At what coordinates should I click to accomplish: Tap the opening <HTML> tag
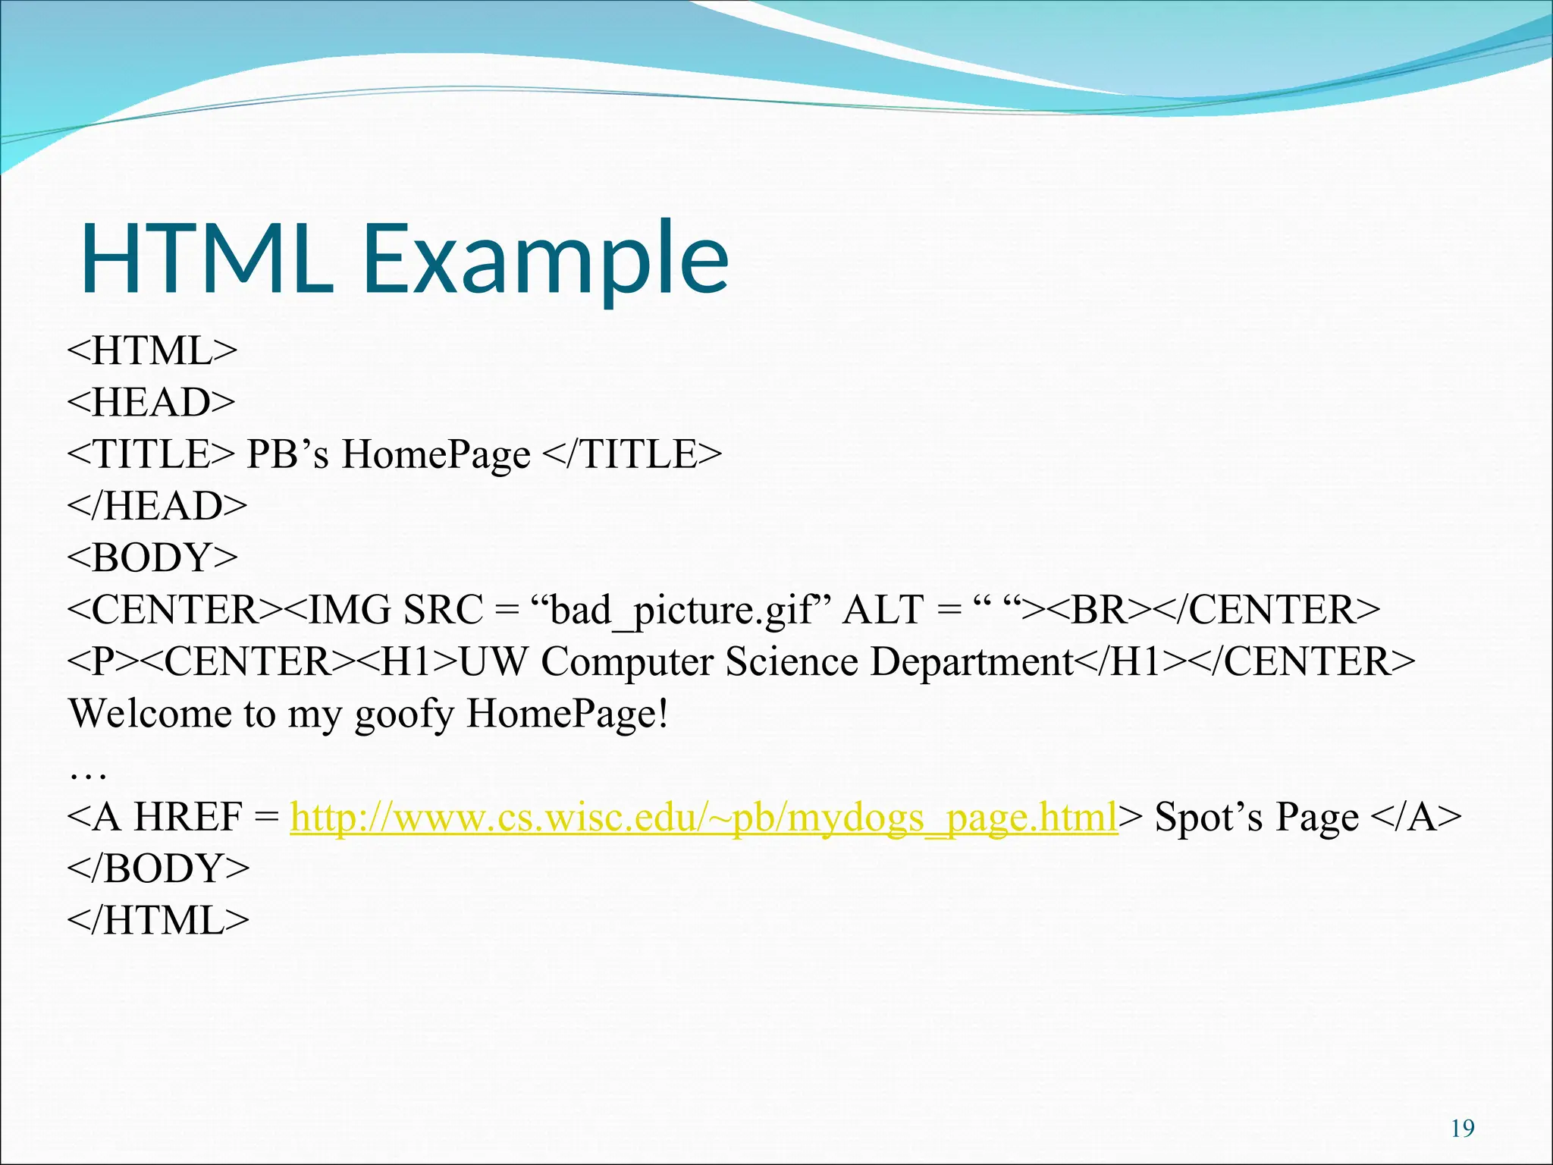coord(152,351)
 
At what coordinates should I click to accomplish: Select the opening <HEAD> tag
coord(152,403)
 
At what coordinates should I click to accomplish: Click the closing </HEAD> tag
coord(157,506)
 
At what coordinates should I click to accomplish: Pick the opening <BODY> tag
coord(152,558)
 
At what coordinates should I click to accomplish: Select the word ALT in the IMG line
coord(883,610)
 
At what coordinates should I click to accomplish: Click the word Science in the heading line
coord(792,661)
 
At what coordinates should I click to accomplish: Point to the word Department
coord(972,663)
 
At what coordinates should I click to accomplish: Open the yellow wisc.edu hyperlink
coord(704,818)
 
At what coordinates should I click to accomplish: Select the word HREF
coord(188,818)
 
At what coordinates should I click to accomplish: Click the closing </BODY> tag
coord(158,869)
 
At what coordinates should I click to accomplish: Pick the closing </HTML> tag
coord(158,921)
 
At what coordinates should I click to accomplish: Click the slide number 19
coord(1462,1129)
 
